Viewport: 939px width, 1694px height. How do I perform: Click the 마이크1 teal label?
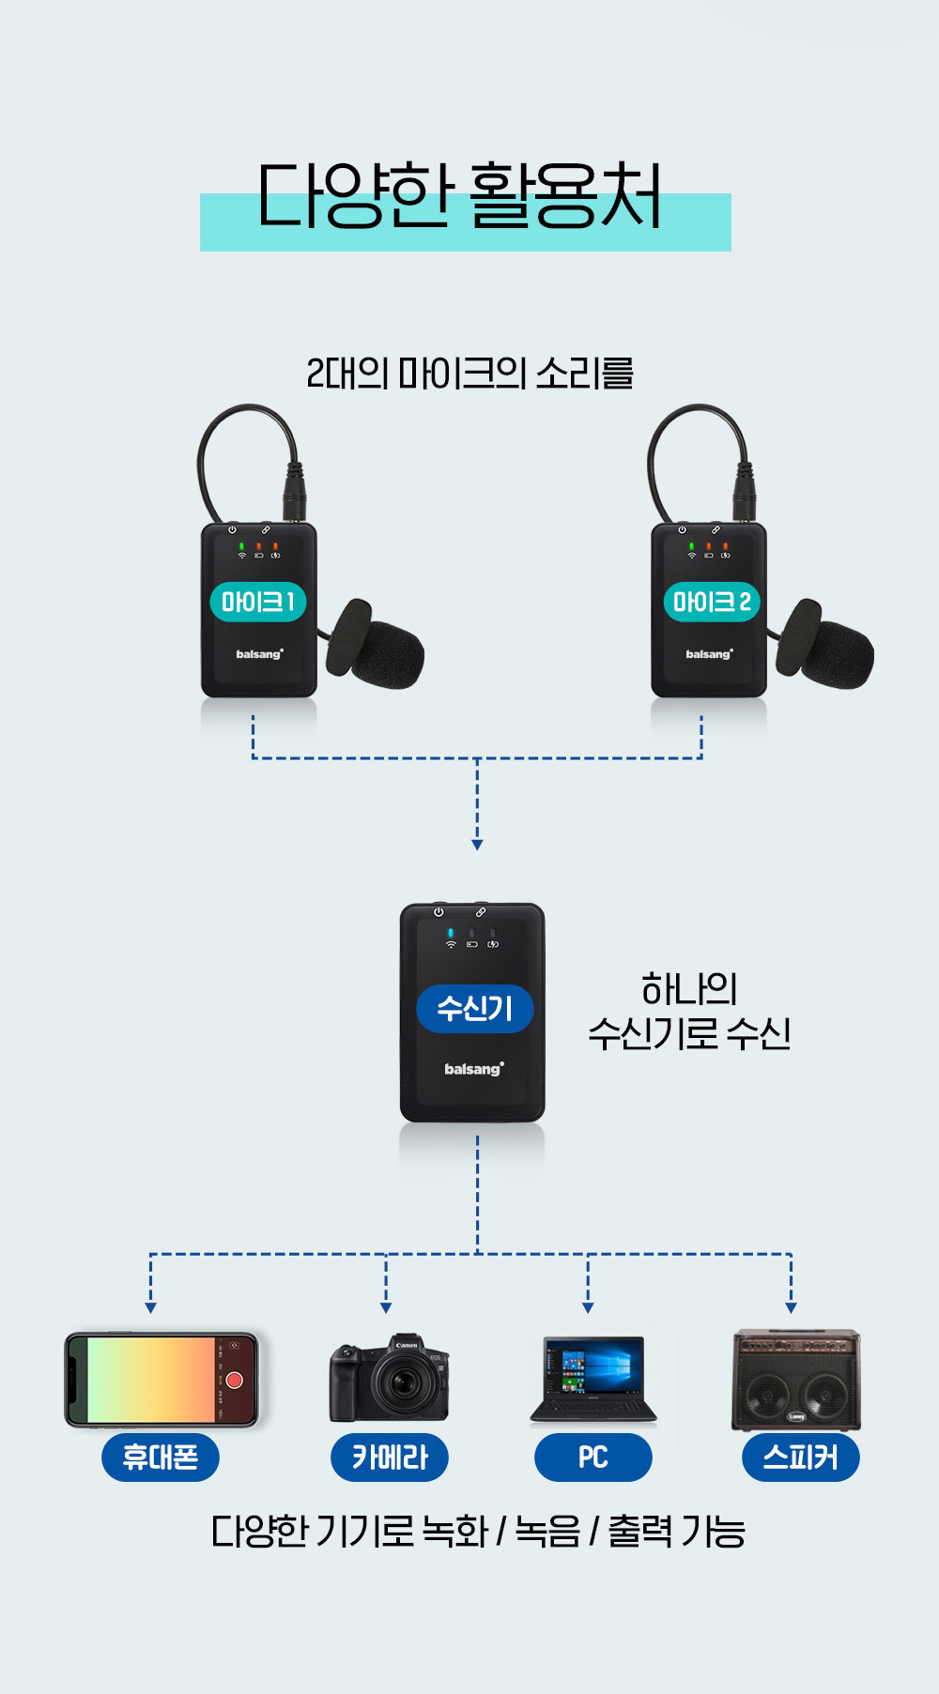pyautogui.click(x=258, y=602)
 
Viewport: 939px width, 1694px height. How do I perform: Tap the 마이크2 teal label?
pyautogui.click(x=712, y=602)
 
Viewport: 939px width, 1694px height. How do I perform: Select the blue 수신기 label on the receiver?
pyautogui.click(x=475, y=1009)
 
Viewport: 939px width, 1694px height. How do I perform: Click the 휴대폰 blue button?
pyautogui.click(x=161, y=1457)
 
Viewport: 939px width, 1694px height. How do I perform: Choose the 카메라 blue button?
pyautogui.click(x=390, y=1457)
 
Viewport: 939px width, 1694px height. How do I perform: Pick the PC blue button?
pyautogui.click(x=593, y=1457)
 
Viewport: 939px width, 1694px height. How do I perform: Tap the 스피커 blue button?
pyautogui.click(x=800, y=1457)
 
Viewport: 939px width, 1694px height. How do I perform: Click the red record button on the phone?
pyautogui.click(x=235, y=1380)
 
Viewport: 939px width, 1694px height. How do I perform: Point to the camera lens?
pyautogui.click(x=405, y=1382)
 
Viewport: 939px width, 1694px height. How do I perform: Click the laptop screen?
pyautogui.click(x=593, y=1367)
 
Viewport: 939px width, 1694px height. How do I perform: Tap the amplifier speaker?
pyautogui.click(x=796, y=1380)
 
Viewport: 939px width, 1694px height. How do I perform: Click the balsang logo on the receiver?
pyautogui.click(x=473, y=1069)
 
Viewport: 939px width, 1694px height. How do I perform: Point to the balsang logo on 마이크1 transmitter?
pyautogui.click(x=259, y=654)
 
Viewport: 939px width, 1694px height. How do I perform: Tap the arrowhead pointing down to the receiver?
pyautogui.click(x=477, y=845)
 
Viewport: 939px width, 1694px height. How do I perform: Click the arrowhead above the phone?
pyautogui.click(x=150, y=1307)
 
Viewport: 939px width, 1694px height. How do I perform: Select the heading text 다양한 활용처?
pyautogui.click(x=460, y=197)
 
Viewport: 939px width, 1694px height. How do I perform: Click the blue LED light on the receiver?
pyautogui.click(x=451, y=933)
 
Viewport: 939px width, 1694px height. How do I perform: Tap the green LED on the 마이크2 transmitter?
pyautogui.click(x=692, y=545)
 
